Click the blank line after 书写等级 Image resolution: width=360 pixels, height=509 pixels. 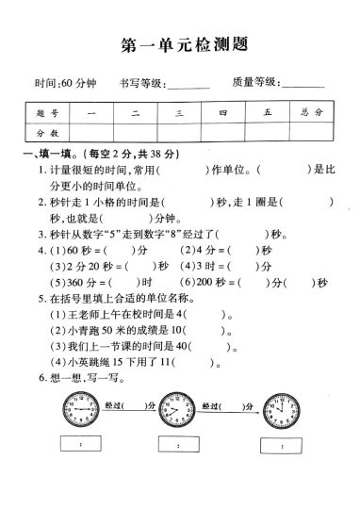188,87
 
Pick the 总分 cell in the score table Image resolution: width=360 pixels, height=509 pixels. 312,113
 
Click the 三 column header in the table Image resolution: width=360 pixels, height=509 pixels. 178,113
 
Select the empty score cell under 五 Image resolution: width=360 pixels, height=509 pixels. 268,134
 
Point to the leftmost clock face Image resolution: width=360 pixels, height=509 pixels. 80,412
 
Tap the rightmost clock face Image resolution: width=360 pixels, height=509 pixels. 281,412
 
